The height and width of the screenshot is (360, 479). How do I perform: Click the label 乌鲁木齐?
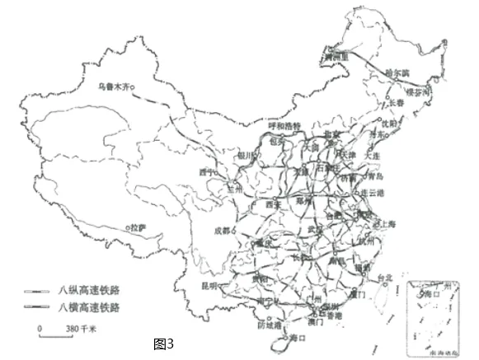click(114, 84)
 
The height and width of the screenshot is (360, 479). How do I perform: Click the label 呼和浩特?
click(285, 126)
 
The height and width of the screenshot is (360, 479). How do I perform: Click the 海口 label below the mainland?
click(297, 337)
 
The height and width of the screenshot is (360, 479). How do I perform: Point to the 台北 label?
click(384, 278)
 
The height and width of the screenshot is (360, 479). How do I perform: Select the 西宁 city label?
click(206, 173)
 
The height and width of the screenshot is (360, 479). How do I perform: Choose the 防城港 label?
click(270, 325)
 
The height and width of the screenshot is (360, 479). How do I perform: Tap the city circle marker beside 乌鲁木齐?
click(139, 84)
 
